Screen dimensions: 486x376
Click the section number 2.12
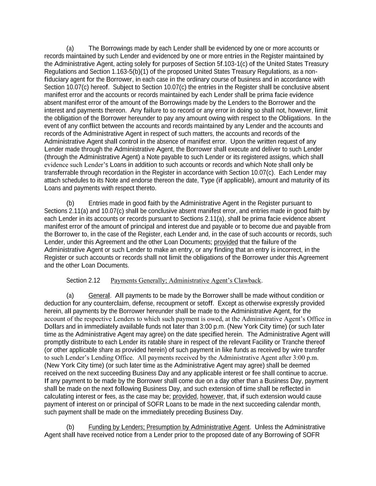coord(94,280)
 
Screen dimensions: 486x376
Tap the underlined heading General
coord(99,296)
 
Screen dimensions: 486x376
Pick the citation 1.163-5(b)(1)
coord(130,72)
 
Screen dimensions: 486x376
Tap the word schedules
coord(75,181)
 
